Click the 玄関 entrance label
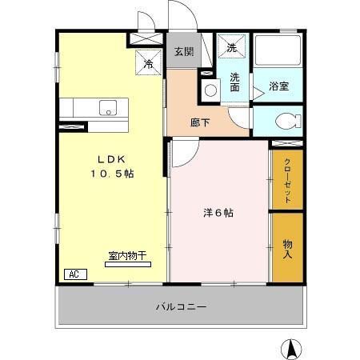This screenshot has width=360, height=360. point(183,52)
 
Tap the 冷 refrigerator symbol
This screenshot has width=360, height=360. point(149,62)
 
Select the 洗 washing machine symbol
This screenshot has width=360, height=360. point(231,47)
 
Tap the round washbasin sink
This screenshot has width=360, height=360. point(210,90)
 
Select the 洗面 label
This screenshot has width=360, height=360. point(236,82)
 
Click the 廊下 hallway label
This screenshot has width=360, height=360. point(200,123)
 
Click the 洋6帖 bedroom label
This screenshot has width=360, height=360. point(218,213)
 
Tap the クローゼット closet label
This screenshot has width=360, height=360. point(287,179)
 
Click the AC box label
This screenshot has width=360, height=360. point(74,274)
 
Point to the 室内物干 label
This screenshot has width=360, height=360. point(128,256)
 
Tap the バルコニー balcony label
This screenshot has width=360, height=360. point(181,306)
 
